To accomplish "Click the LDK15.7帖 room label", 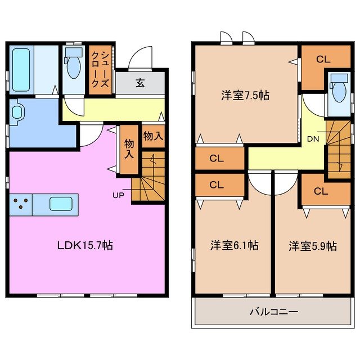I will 87,245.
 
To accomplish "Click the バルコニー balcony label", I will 274,311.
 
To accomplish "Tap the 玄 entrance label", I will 140,83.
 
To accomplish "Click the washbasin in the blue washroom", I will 17,113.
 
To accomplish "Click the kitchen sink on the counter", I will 62,204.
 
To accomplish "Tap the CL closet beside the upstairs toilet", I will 322,58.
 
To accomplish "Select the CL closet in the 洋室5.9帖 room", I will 321,191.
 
